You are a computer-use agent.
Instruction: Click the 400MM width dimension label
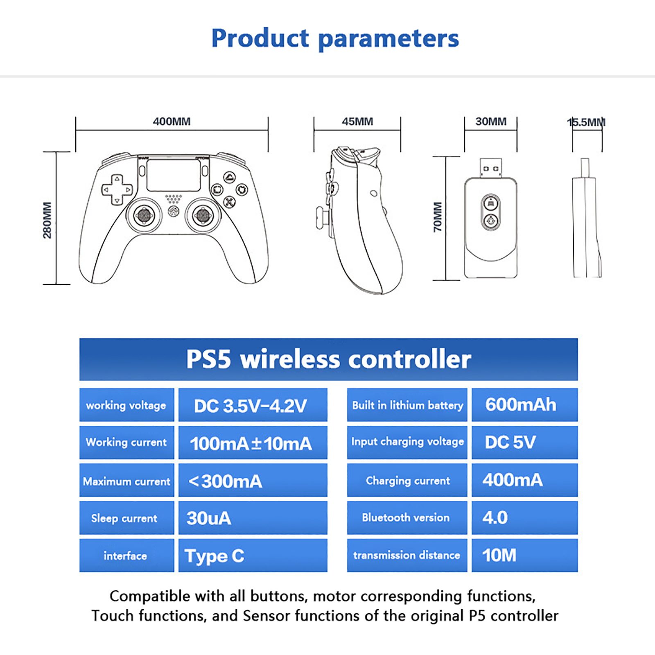click(172, 122)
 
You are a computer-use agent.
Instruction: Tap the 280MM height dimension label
click(47, 220)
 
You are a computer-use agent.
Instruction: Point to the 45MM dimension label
click(357, 122)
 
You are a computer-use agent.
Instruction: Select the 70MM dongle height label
click(438, 217)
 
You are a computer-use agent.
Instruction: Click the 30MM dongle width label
click(491, 122)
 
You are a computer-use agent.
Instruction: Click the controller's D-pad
click(117, 190)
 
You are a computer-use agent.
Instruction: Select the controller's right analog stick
click(202, 215)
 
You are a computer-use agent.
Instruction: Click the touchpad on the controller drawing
click(174, 175)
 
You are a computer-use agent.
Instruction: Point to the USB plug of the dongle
click(490, 168)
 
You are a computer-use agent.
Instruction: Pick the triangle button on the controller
click(230, 177)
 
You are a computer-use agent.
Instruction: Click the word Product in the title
click(260, 38)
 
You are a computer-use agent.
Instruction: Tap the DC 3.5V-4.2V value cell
click(253, 405)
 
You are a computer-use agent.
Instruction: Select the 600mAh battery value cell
click(525, 405)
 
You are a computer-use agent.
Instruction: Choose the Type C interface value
click(215, 556)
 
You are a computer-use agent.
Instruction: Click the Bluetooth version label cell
click(407, 518)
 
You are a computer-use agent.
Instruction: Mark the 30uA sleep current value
click(209, 518)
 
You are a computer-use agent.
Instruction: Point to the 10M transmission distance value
click(499, 556)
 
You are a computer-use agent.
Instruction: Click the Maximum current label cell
click(127, 480)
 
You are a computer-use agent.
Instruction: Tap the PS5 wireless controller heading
click(329, 359)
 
